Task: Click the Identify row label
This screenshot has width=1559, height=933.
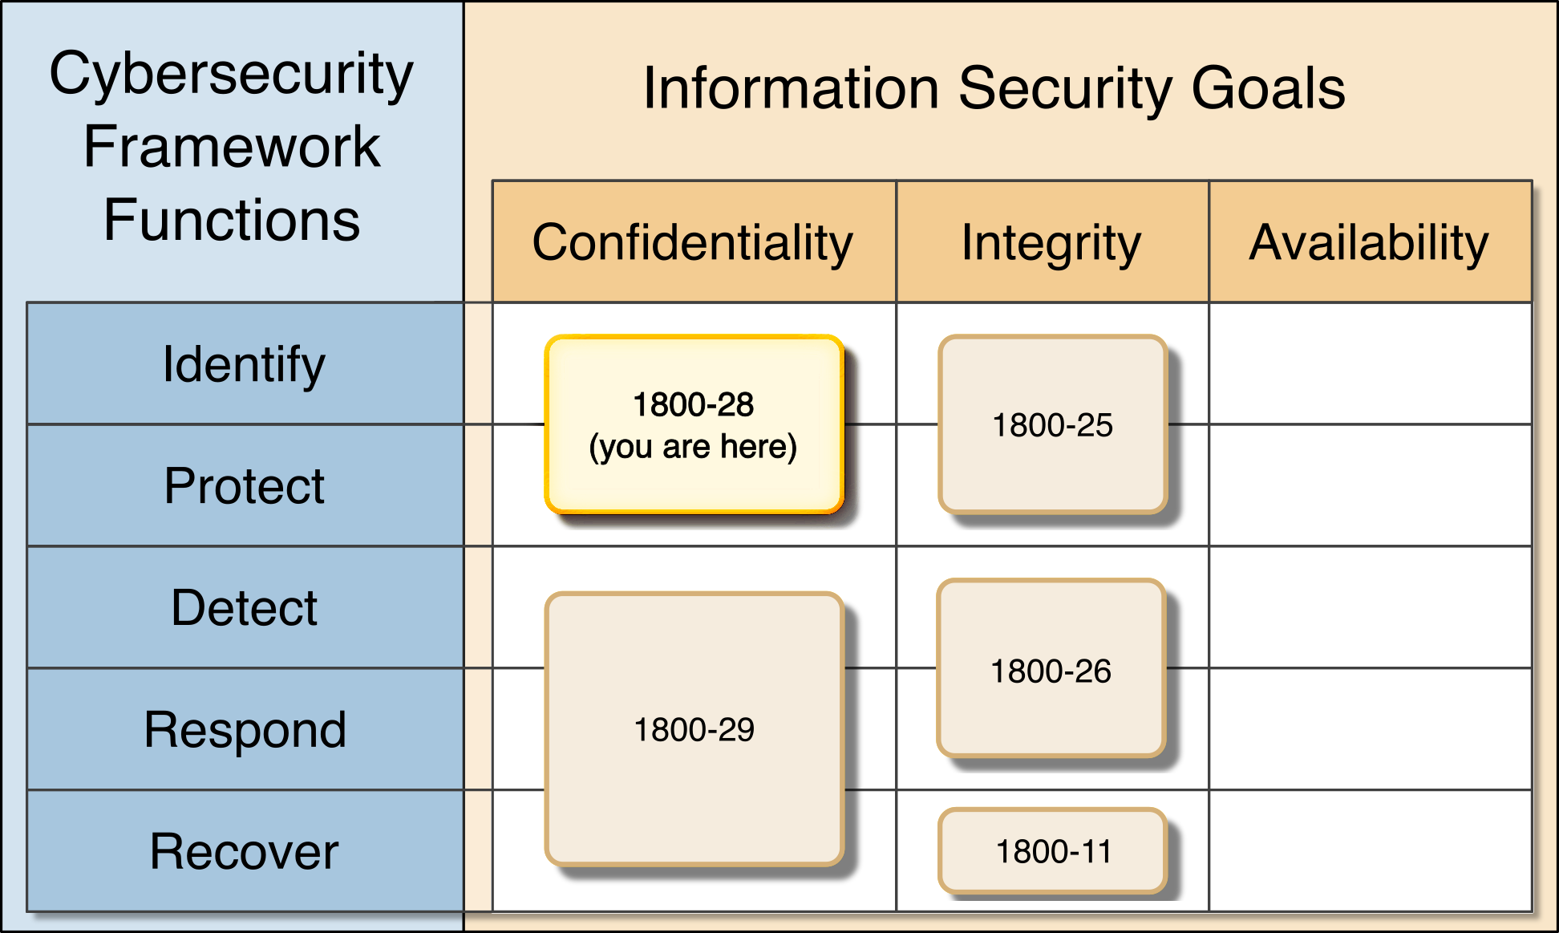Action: [x=245, y=364]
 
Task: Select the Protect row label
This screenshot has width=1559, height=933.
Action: [x=245, y=486]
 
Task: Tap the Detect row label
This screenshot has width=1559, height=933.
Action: [x=245, y=608]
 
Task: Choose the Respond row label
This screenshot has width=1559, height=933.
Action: [x=245, y=730]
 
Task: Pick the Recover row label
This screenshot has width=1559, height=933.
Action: [x=245, y=852]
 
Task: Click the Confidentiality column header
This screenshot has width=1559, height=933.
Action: [x=693, y=242]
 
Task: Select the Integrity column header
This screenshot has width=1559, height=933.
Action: [x=1051, y=242]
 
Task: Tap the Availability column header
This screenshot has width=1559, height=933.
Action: [x=1369, y=242]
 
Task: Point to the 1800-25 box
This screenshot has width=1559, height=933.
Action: [x=1052, y=425]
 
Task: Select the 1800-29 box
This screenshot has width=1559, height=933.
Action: [x=694, y=729]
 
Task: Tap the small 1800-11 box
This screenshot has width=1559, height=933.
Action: [x=1053, y=851]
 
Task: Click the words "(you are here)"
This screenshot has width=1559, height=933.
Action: [x=694, y=447]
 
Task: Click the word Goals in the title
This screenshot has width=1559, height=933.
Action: [x=1268, y=88]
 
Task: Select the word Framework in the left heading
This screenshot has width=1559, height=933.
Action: [x=231, y=147]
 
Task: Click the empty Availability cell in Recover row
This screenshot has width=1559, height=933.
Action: [x=1370, y=851]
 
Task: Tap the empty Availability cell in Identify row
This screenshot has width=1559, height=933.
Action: [x=1370, y=363]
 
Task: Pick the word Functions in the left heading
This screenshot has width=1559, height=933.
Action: [x=231, y=220]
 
